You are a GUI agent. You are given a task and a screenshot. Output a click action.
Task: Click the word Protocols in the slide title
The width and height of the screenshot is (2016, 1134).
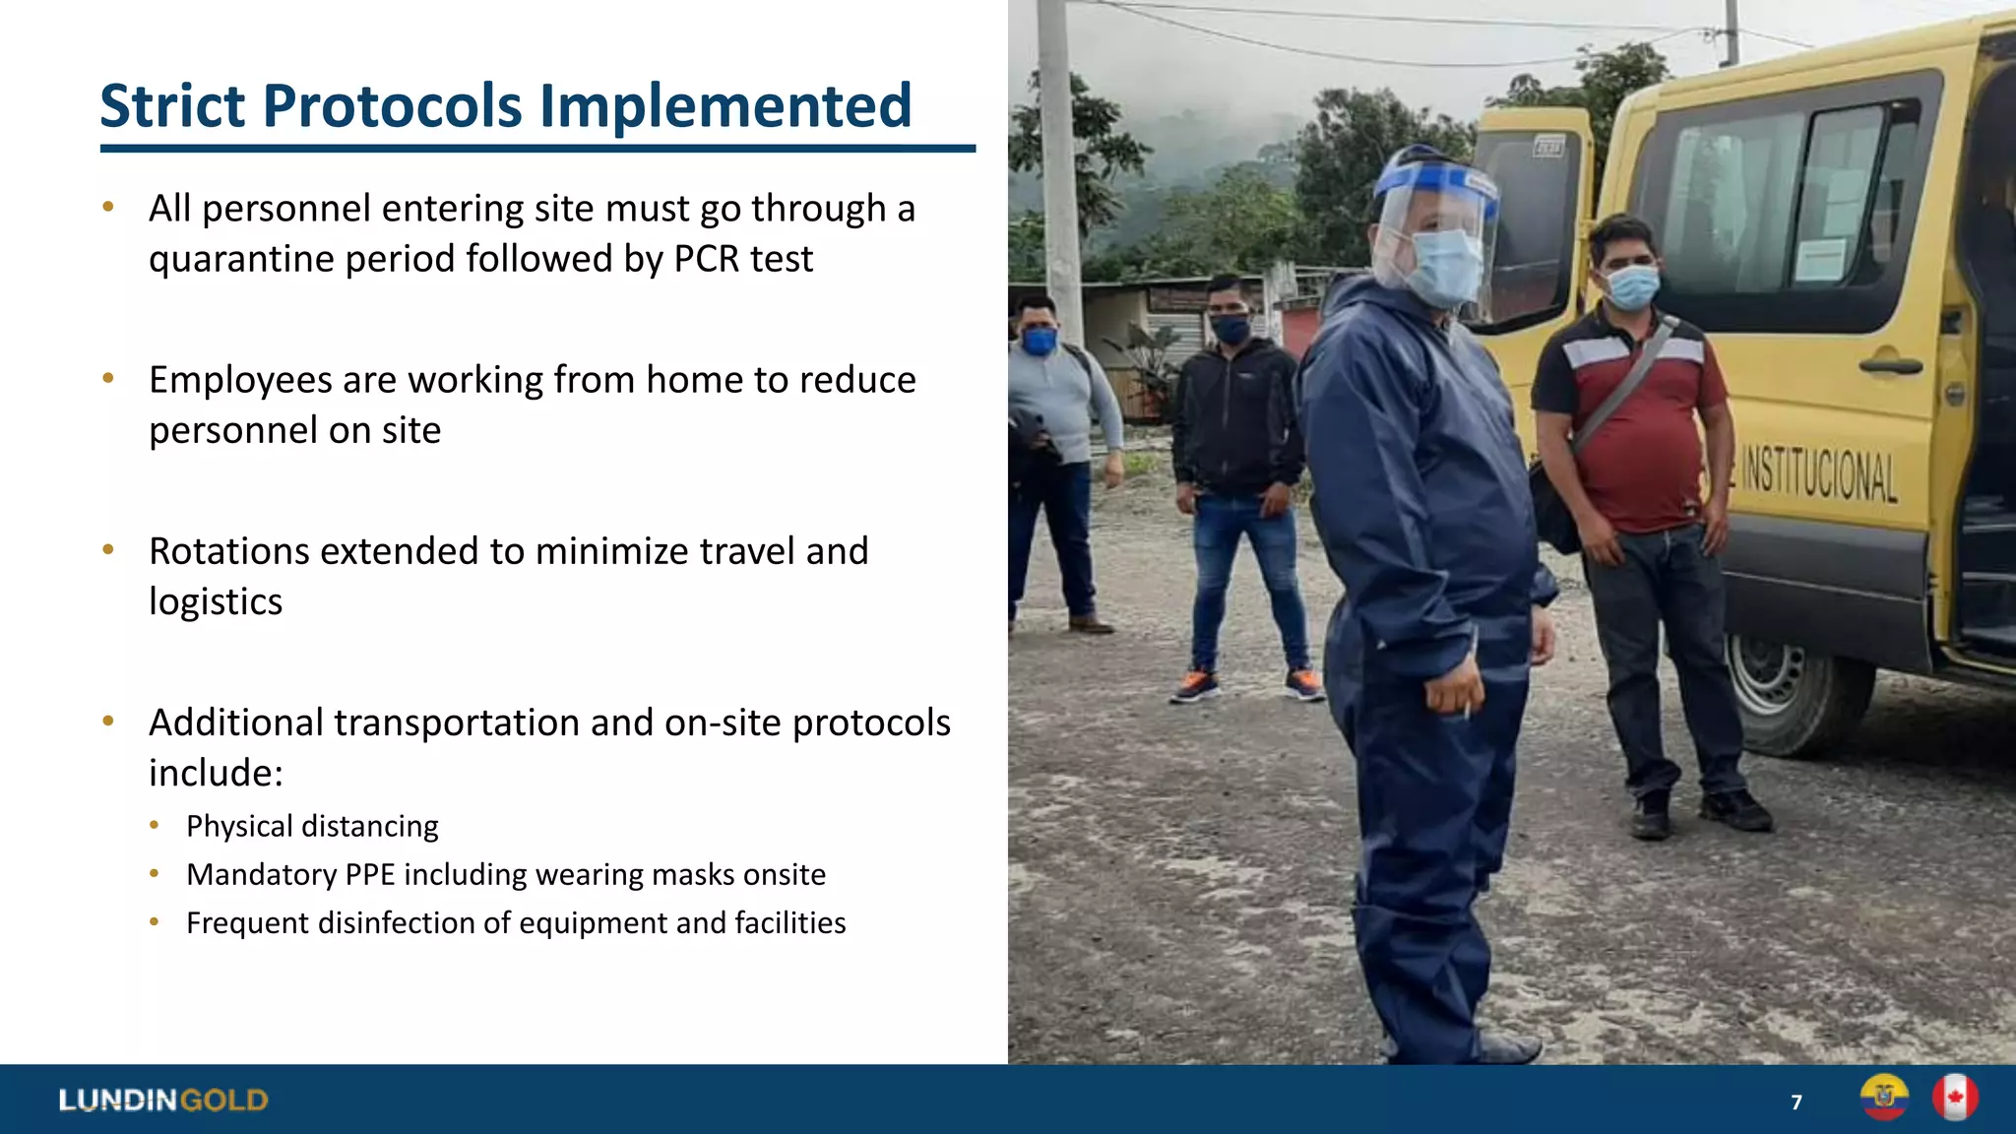pyautogui.click(x=393, y=106)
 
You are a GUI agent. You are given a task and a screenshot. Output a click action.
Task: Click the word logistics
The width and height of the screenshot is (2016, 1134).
pyautogui.click(x=216, y=601)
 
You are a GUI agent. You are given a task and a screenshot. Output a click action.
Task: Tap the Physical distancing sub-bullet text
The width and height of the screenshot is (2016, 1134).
pyautogui.click(x=312, y=826)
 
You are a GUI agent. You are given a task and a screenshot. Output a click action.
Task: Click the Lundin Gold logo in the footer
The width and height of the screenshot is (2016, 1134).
pyautogui.click(x=163, y=1100)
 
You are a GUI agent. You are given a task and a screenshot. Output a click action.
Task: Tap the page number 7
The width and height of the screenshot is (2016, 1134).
pyautogui.click(x=1796, y=1102)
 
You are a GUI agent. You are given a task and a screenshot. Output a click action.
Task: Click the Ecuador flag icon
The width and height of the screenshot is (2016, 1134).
pyautogui.click(x=1884, y=1098)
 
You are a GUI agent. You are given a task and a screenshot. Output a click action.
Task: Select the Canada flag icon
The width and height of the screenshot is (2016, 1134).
pyautogui.click(x=1955, y=1098)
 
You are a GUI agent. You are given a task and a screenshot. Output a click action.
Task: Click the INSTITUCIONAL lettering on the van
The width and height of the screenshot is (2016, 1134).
pyautogui.click(x=1819, y=475)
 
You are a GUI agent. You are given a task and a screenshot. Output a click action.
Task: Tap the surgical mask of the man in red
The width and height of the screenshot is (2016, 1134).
pyautogui.click(x=1631, y=286)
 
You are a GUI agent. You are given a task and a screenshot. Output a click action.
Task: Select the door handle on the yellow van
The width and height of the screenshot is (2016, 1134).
pyautogui.click(x=1890, y=366)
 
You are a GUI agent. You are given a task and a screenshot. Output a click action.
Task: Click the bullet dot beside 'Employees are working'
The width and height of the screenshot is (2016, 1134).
pyautogui.click(x=108, y=378)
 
